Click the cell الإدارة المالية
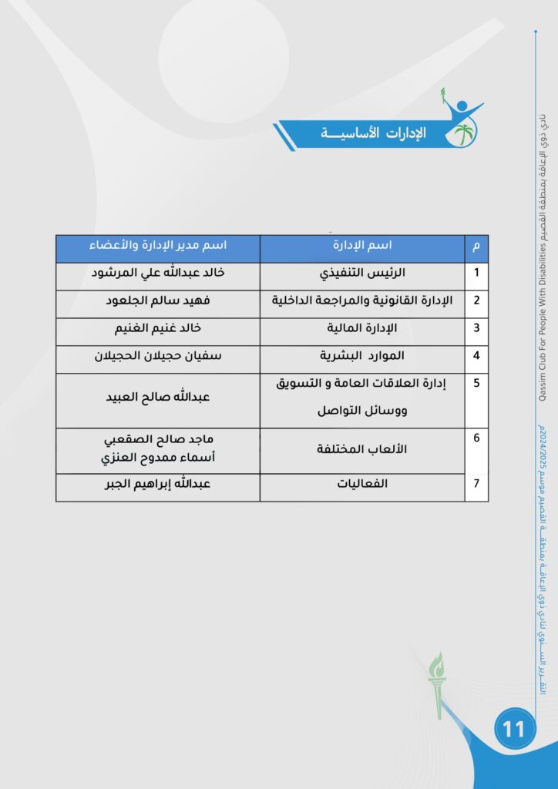pyautogui.click(x=363, y=327)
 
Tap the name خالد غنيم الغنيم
pyautogui.click(x=158, y=327)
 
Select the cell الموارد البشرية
pyautogui.click(x=363, y=356)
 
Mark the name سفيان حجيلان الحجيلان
pyautogui.click(x=158, y=356)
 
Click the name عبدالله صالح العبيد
pyautogui.click(x=158, y=398)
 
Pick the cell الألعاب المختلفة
pyautogui.click(x=363, y=448)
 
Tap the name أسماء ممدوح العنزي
pyautogui.click(x=158, y=458)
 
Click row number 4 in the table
pyautogui.click(x=476, y=356)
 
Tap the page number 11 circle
pyautogui.click(x=513, y=728)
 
